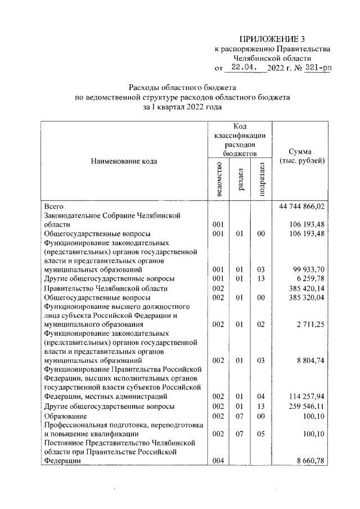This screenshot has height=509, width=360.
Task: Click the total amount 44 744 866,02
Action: pyautogui.click(x=303, y=206)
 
